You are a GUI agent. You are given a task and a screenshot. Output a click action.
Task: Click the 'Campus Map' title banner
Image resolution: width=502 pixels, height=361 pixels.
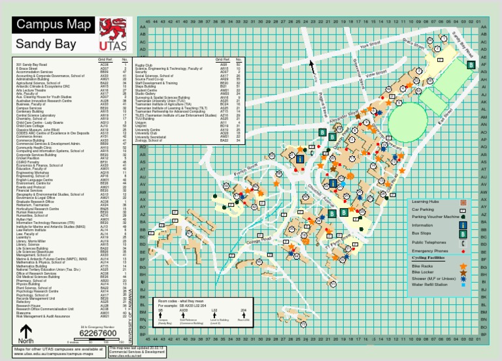pos(54,25)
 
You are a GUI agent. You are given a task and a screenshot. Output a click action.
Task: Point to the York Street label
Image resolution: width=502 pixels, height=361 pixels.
pos(370,46)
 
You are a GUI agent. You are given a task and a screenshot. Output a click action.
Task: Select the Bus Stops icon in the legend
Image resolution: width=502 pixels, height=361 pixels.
pos(463,233)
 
